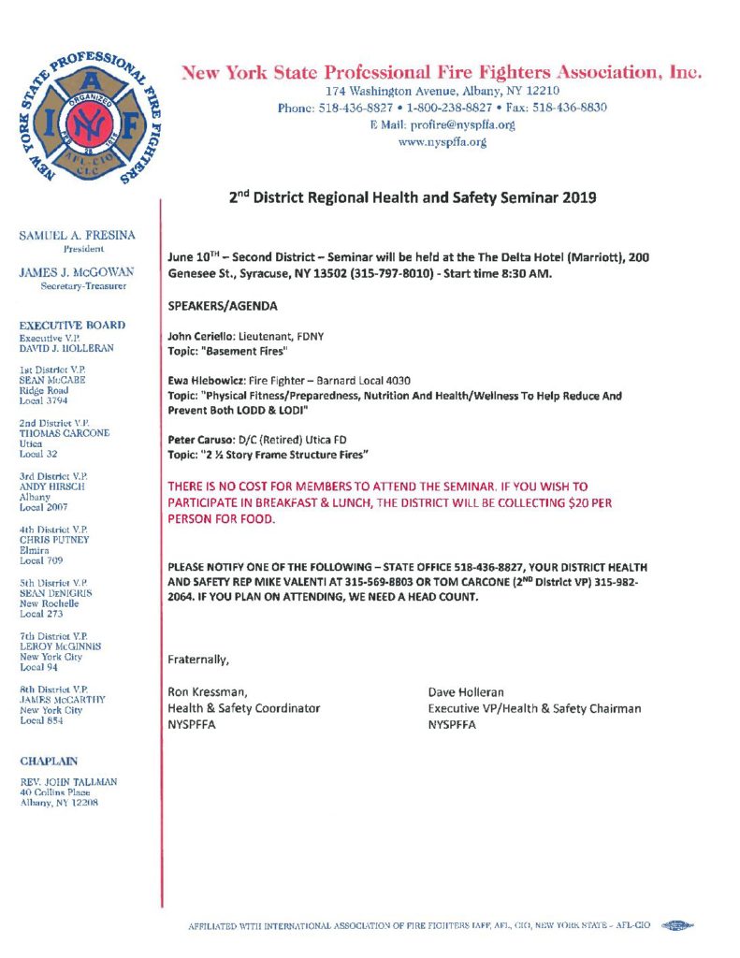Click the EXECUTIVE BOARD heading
coord(73,325)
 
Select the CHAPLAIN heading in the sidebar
coord(51,761)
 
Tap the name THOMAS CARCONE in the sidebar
coord(65,433)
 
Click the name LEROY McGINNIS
coord(65,646)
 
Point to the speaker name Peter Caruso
coord(198,440)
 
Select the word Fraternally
coord(197,660)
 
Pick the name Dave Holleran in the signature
coord(465,692)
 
